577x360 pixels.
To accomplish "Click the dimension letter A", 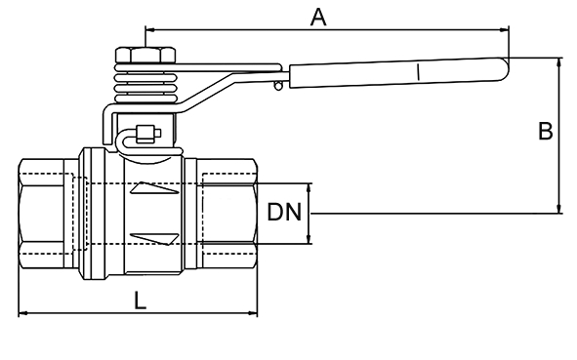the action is (x=318, y=18).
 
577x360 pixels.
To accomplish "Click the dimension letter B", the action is (x=546, y=131).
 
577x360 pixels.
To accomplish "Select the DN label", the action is (x=284, y=212).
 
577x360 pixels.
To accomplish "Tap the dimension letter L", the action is (x=140, y=300).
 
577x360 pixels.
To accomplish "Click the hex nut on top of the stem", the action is (x=145, y=55).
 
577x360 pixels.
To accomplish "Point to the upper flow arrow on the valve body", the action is (x=154, y=188).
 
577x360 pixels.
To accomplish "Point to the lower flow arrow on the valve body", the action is (x=154, y=239).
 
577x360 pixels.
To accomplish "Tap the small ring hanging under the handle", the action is (x=278, y=86).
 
